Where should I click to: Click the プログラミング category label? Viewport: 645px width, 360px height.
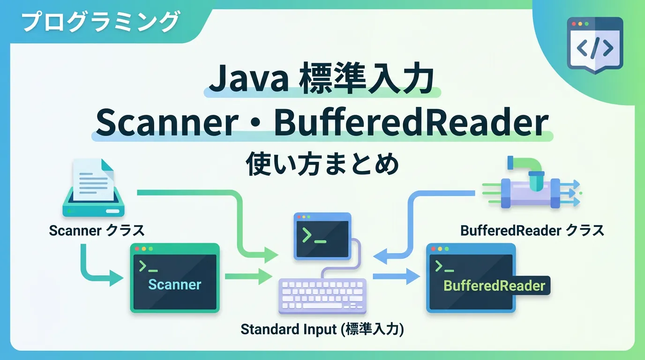pyautogui.click(x=100, y=22)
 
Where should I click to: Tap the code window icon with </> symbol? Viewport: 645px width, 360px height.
pyautogui.click(x=595, y=45)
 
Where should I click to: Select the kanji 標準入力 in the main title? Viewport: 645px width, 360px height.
pyautogui.click(x=367, y=78)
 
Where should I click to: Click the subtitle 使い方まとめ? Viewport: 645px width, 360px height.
pyautogui.click(x=322, y=164)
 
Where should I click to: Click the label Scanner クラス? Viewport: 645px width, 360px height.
pyautogui.click(x=97, y=231)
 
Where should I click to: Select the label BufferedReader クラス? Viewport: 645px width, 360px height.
pyautogui.click(x=532, y=231)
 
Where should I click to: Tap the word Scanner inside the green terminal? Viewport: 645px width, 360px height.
pyautogui.click(x=174, y=285)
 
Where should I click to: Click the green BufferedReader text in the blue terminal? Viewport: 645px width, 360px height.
pyautogui.click(x=494, y=285)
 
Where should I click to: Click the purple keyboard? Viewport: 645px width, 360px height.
pyautogui.click(x=322, y=296)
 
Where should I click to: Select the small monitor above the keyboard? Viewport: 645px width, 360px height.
pyautogui.click(x=322, y=236)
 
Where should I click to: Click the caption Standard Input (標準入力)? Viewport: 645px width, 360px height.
pyautogui.click(x=322, y=329)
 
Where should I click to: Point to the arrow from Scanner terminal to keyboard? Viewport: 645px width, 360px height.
pyautogui.click(x=248, y=277)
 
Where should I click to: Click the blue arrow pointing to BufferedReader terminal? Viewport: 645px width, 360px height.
pyautogui.click(x=396, y=277)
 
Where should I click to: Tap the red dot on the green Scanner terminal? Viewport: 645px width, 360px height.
pyautogui.click(x=137, y=249)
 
